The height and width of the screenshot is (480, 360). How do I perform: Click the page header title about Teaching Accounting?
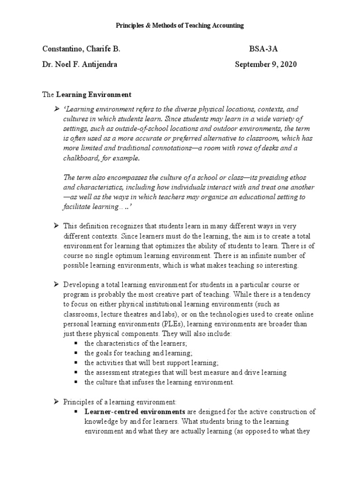(x=180, y=26)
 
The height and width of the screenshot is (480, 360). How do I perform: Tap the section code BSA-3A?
(x=262, y=49)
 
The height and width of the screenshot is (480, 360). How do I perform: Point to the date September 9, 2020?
(x=265, y=64)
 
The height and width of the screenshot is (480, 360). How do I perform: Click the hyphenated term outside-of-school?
(x=136, y=128)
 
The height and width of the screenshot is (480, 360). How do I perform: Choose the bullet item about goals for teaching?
(x=138, y=352)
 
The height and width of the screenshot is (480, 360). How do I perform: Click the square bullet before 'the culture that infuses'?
(x=75, y=382)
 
